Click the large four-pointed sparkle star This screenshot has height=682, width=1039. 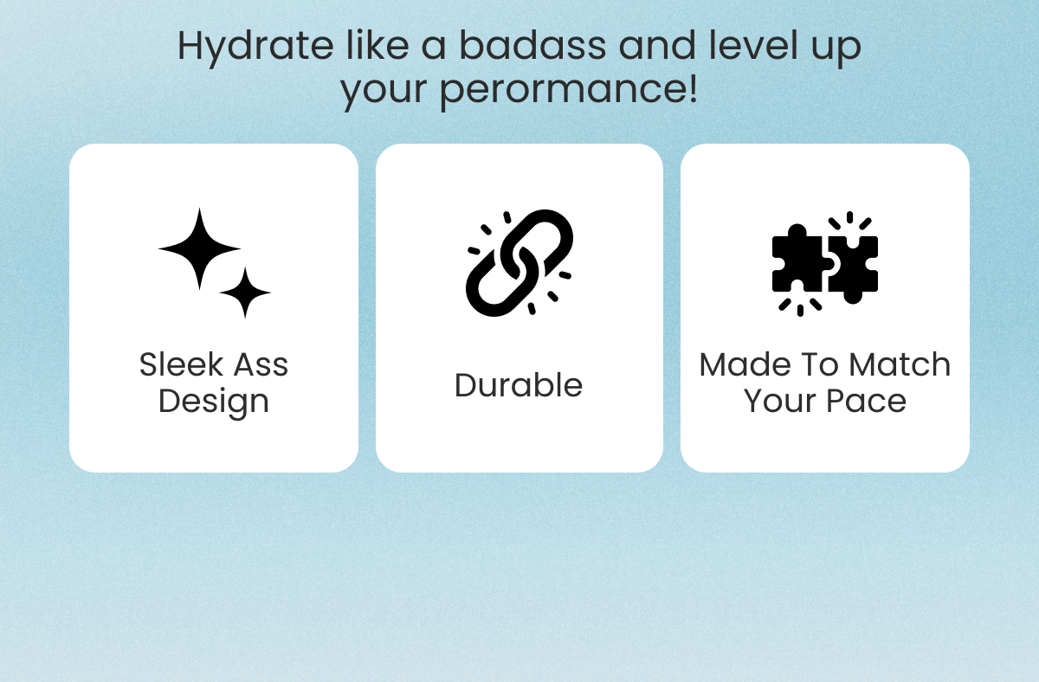[199, 248]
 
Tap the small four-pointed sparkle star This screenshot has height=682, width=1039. [246, 293]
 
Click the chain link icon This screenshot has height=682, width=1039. [519, 262]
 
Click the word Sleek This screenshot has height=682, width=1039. [177, 364]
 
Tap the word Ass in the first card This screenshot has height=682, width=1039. [256, 364]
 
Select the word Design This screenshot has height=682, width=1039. [214, 402]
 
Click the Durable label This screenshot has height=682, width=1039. [519, 385]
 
